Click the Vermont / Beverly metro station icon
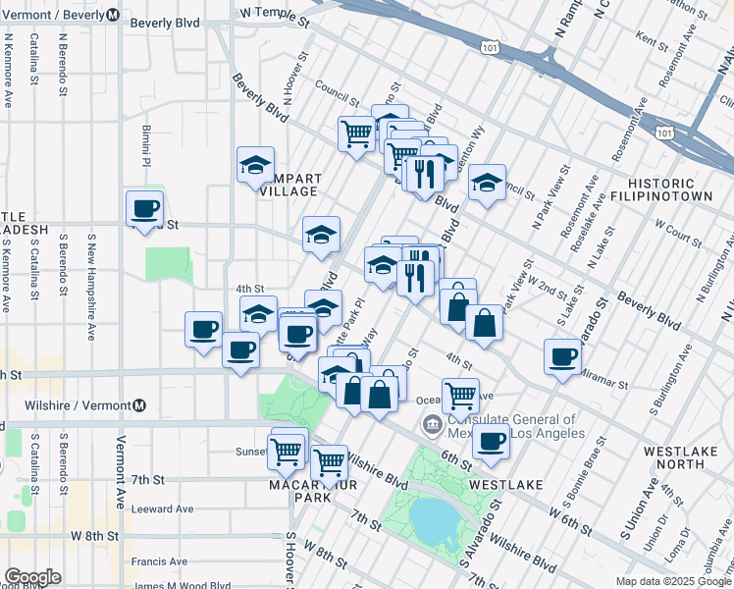pyautogui.click(x=113, y=16)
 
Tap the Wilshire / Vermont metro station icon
pyautogui.click(x=139, y=405)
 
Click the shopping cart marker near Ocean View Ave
pyautogui.click(x=460, y=395)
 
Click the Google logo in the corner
pyautogui.click(x=32, y=577)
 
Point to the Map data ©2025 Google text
pyautogui.click(x=673, y=581)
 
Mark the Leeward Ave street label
pyautogui.click(x=164, y=509)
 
